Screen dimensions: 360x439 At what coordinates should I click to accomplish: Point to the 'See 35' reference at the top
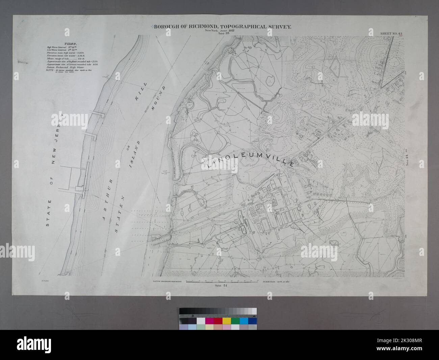tap(224, 33)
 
